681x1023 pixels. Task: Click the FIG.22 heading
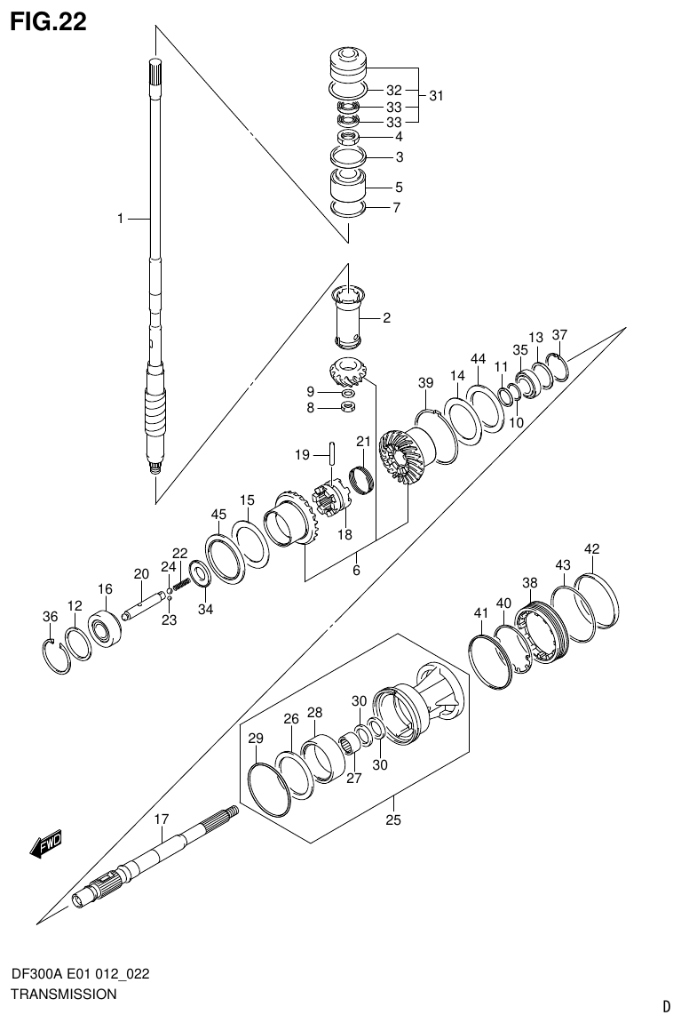[x=48, y=22]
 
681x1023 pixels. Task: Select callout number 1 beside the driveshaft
[x=121, y=218]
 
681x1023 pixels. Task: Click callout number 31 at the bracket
[x=435, y=96]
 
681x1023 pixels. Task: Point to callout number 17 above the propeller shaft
[x=162, y=819]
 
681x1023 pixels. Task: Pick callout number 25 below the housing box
[x=393, y=819]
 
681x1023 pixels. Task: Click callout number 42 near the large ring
[x=592, y=548]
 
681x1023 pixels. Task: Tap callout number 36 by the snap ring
[x=51, y=617]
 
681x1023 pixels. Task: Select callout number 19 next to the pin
[x=302, y=455]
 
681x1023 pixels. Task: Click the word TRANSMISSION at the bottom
[x=63, y=995]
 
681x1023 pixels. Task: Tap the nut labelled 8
[x=349, y=408]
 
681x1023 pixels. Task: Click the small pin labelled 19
[x=330, y=452]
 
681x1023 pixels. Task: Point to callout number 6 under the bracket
[x=355, y=571]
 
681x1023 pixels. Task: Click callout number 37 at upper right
[x=558, y=335]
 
